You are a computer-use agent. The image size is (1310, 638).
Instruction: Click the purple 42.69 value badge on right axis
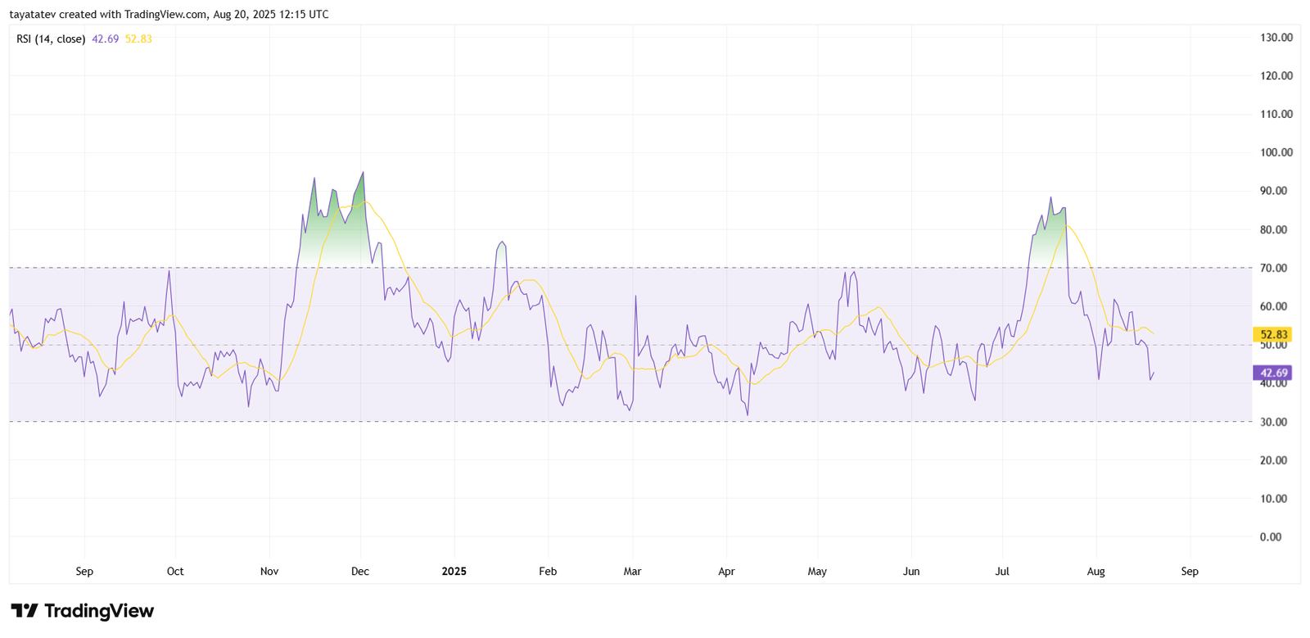tap(1273, 373)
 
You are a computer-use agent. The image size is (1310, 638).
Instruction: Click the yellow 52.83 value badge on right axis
tap(1273, 334)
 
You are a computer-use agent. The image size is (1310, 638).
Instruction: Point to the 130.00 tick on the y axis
tap(1276, 38)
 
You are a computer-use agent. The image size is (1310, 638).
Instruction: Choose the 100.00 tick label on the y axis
tap(1276, 152)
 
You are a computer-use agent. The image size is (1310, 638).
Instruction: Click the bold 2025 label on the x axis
tap(454, 572)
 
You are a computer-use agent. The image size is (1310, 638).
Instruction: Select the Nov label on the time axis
tap(269, 572)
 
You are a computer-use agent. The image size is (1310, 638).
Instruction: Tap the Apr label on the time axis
tap(726, 572)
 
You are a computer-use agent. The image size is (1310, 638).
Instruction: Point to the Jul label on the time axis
tap(1001, 572)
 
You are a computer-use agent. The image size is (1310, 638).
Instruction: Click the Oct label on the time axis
tap(175, 572)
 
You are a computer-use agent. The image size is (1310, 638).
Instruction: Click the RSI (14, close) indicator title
tap(51, 38)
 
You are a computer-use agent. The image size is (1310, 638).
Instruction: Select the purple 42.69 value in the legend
tap(105, 38)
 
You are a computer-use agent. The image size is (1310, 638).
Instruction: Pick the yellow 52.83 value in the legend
tap(138, 38)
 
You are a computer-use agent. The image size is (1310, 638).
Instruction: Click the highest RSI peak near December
tap(363, 173)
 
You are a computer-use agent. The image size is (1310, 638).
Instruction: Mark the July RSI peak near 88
tap(1050, 197)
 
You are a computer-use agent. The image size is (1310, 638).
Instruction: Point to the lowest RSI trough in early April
tap(748, 414)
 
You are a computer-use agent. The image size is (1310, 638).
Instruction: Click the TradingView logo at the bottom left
tap(82, 611)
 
